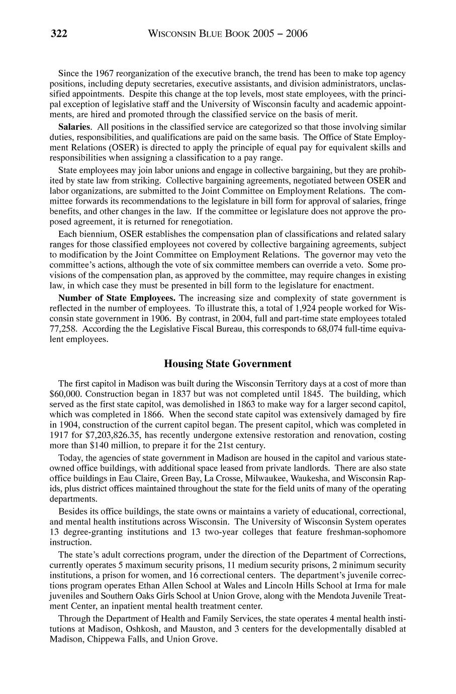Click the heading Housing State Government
[x=228, y=363]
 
